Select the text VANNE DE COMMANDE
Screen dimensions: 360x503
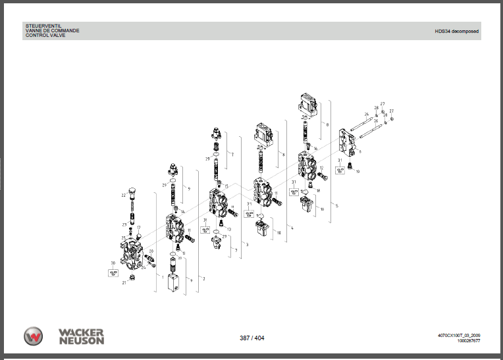coord(52,31)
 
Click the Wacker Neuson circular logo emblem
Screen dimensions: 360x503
coord(34,336)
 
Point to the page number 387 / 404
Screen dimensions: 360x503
coord(251,338)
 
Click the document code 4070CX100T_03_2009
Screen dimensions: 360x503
coord(458,335)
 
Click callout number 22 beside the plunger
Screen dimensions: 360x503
coord(122,195)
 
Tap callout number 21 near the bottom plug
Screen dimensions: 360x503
coord(123,282)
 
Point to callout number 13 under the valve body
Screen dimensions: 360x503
coord(228,230)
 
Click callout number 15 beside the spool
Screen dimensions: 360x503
coord(226,187)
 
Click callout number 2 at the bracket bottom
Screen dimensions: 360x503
coord(203,278)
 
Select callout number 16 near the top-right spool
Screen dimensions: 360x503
coord(315,149)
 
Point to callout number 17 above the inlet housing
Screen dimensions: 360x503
coord(139,227)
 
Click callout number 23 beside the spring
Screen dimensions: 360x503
coord(123,224)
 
